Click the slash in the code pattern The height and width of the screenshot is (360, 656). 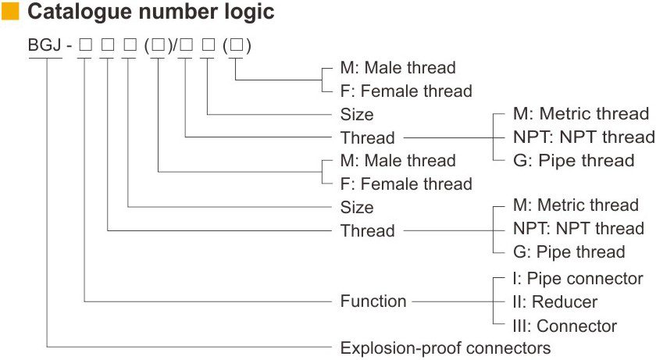click(177, 46)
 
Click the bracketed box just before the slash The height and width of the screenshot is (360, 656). click(159, 46)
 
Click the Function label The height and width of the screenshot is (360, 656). click(373, 301)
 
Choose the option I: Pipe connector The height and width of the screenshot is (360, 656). click(577, 279)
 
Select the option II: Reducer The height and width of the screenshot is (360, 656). click(555, 302)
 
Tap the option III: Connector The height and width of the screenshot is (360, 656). click(565, 326)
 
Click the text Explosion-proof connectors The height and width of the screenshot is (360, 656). click(445, 348)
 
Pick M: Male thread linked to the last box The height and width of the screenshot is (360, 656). click(398, 68)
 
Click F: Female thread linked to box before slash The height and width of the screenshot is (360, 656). click(406, 184)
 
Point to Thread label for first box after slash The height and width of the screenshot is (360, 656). click(367, 138)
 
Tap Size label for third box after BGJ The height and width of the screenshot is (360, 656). click(357, 208)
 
